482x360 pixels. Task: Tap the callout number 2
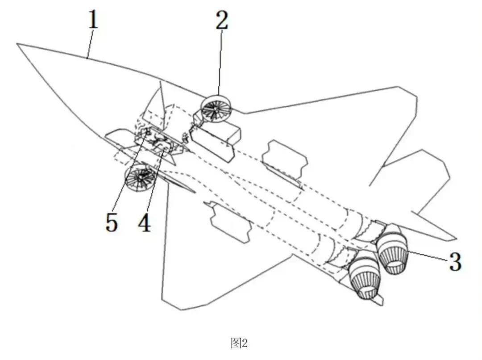[222, 20]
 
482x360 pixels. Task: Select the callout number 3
[455, 262]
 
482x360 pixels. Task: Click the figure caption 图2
[239, 343]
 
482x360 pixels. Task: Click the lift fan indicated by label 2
[215, 109]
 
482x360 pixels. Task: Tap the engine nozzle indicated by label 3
[394, 253]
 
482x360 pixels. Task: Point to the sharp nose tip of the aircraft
[18, 44]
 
